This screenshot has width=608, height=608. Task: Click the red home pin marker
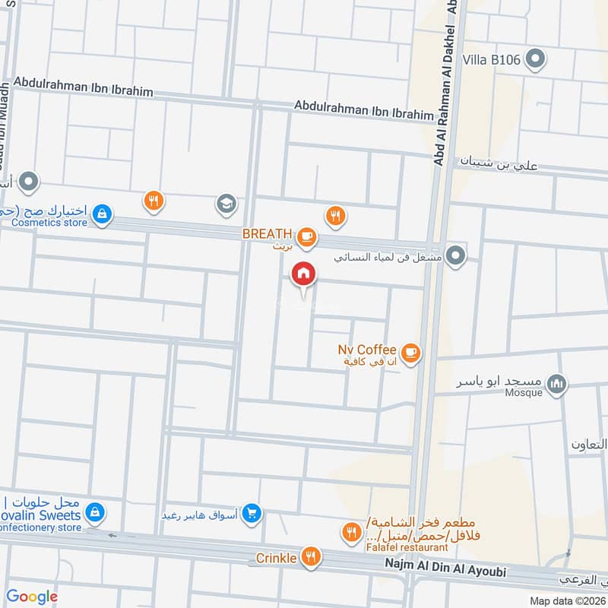pyautogui.click(x=303, y=274)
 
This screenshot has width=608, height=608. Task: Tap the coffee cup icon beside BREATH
pyautogui.click(x=306, y=237)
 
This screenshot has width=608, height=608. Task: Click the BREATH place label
pyautogui.click(x=267, y=233)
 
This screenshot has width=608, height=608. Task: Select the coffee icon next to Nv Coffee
pyautogui.click(x=410, y=352)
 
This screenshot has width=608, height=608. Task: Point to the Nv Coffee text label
pyautogui.click(x=367, y=350)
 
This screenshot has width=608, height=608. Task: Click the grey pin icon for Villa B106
pyautogui.click(x=536, y=58)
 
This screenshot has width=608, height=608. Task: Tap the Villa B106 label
pyautogui.click(x=492, y=59)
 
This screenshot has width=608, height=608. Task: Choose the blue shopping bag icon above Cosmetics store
pyautogui.click(x=101, y=216)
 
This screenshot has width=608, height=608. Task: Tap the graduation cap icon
pyautogui.click(x=226, y=203)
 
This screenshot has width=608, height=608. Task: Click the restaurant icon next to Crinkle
pyautogui.click(x=309, y=556)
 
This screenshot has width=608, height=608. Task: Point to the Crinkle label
pyautogui.click(x=276, y=558)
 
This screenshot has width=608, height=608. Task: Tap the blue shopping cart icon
pyautogui.click(x=253, y=515)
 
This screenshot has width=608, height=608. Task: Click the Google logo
pyautogui.click(x=32, y=597)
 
